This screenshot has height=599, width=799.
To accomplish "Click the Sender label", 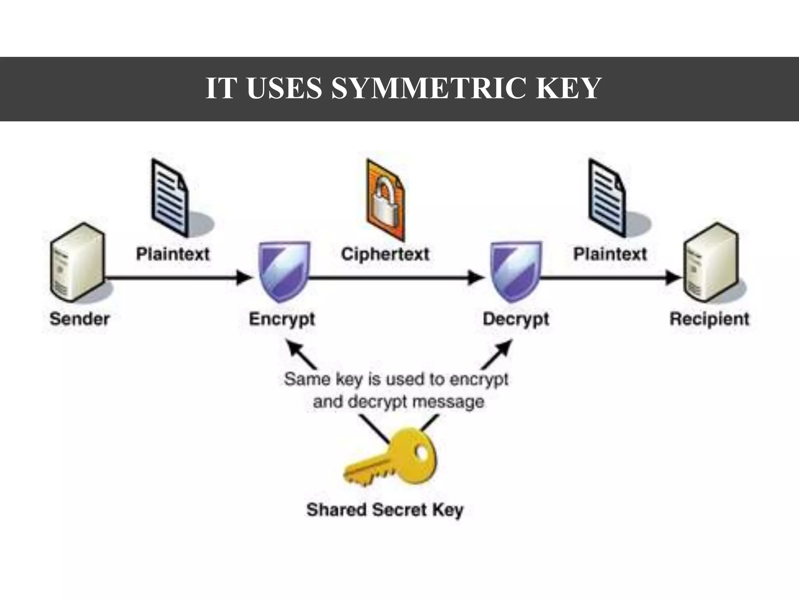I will tap(79, 319).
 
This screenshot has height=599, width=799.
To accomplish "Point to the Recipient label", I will tap(709, 319).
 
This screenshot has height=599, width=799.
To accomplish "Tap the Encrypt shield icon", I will tap(284, 271).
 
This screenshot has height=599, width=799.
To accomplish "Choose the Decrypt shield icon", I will tap(515, 271).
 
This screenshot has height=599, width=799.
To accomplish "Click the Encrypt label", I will tap(282, 319).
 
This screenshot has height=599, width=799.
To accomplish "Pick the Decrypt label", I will tap(515, 319).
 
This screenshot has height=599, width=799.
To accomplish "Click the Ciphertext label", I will tap(385, 254).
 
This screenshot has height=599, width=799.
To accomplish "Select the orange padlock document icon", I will tap(385, 200).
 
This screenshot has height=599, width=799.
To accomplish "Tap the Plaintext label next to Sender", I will tap(172, 254).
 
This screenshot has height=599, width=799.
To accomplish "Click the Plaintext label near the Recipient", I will tap(610, 254).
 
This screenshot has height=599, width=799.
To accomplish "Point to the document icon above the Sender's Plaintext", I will tap(170, 197).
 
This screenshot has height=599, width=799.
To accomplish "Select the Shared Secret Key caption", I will tap(385, 510).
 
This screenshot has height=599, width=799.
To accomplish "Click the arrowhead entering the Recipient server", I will tap(673, 278).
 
